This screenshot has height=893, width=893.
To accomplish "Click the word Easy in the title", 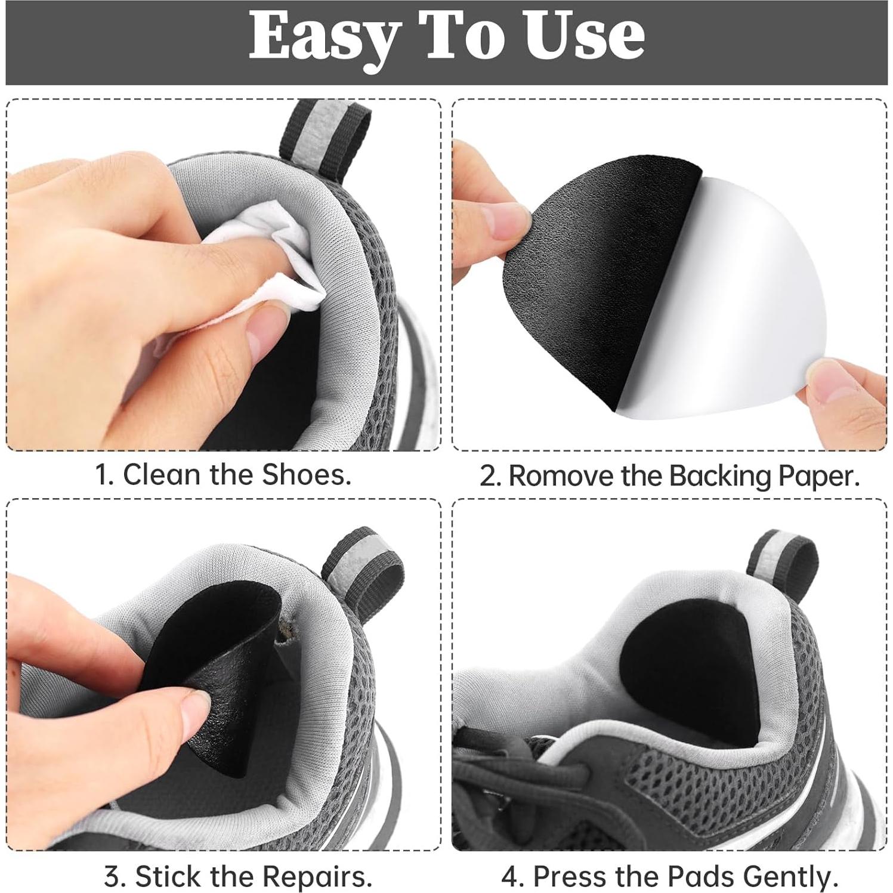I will (x=323, y=37).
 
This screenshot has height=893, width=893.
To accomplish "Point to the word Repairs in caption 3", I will (x=317, y=877).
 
